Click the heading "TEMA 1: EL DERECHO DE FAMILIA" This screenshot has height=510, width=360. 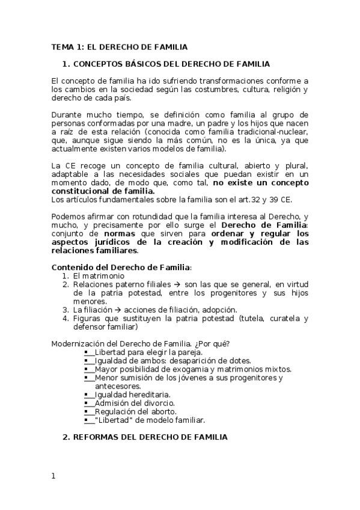point(119,46)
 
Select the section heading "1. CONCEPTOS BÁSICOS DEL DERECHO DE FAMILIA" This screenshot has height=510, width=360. point(166,64)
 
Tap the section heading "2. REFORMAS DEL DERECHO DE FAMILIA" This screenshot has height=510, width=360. point(145,438)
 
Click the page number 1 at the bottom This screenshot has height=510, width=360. point(53,476)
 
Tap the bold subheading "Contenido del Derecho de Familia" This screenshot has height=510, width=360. point(121,267)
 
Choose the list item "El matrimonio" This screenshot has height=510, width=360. point(99,275)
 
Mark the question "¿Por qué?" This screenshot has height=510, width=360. point(210,343)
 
